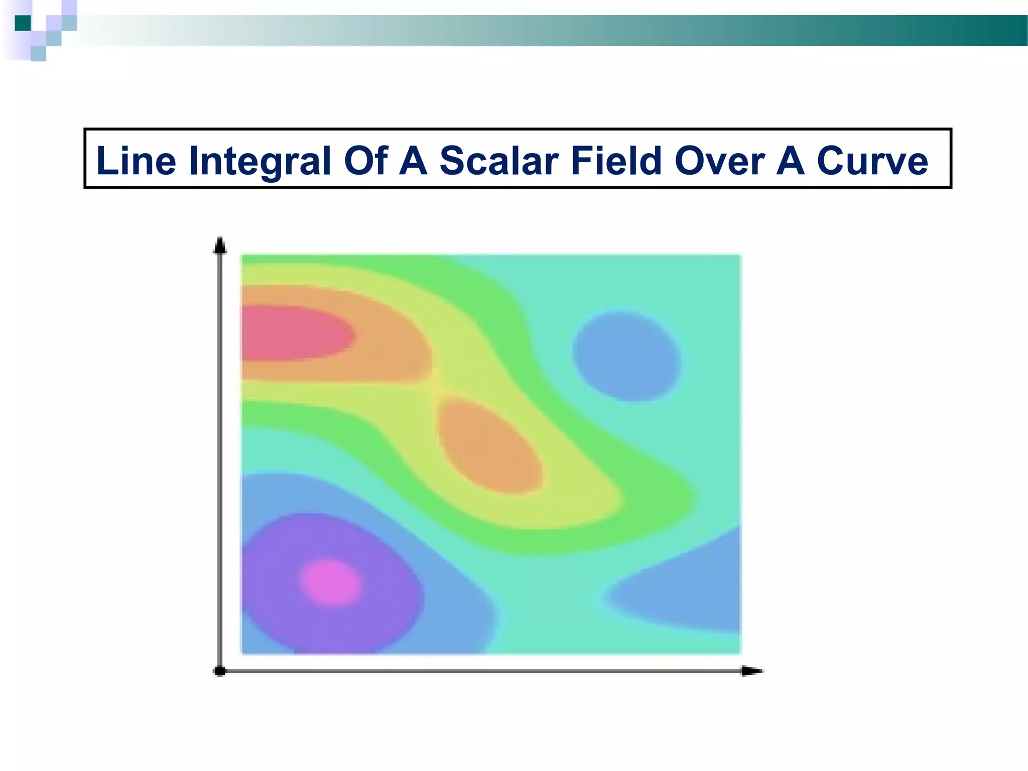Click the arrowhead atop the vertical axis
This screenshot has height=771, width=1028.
(220, 246)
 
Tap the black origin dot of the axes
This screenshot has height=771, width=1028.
(220, 671)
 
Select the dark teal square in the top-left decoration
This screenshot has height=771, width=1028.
(23, 23)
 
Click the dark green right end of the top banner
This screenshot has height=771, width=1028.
(999, 30)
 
